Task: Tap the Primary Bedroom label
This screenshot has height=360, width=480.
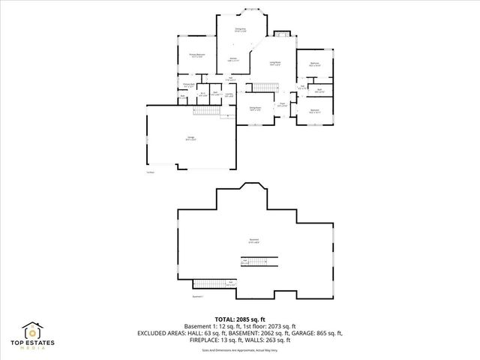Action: pyautogui.click(x=196, y=55)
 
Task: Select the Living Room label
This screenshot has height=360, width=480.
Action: pyautogui.click(x=275, y=64)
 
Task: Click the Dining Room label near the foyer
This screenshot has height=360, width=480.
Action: pyautogui.click(x=255, y=109)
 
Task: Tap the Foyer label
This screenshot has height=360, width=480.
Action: pyautogui.click(x=283, y=105)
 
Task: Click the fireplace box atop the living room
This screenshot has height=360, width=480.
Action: pyautogui.click(x=282, y=33)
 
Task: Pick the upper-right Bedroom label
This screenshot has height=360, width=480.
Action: pyautogui.click(x=315, y=65)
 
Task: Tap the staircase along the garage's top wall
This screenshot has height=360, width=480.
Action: pyautogui.click(x=205, y=110)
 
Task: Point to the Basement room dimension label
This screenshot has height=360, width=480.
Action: pyautogui.click(x=254, y=241)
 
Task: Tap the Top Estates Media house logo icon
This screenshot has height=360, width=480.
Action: pyautogui.click(x=33, y=331)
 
